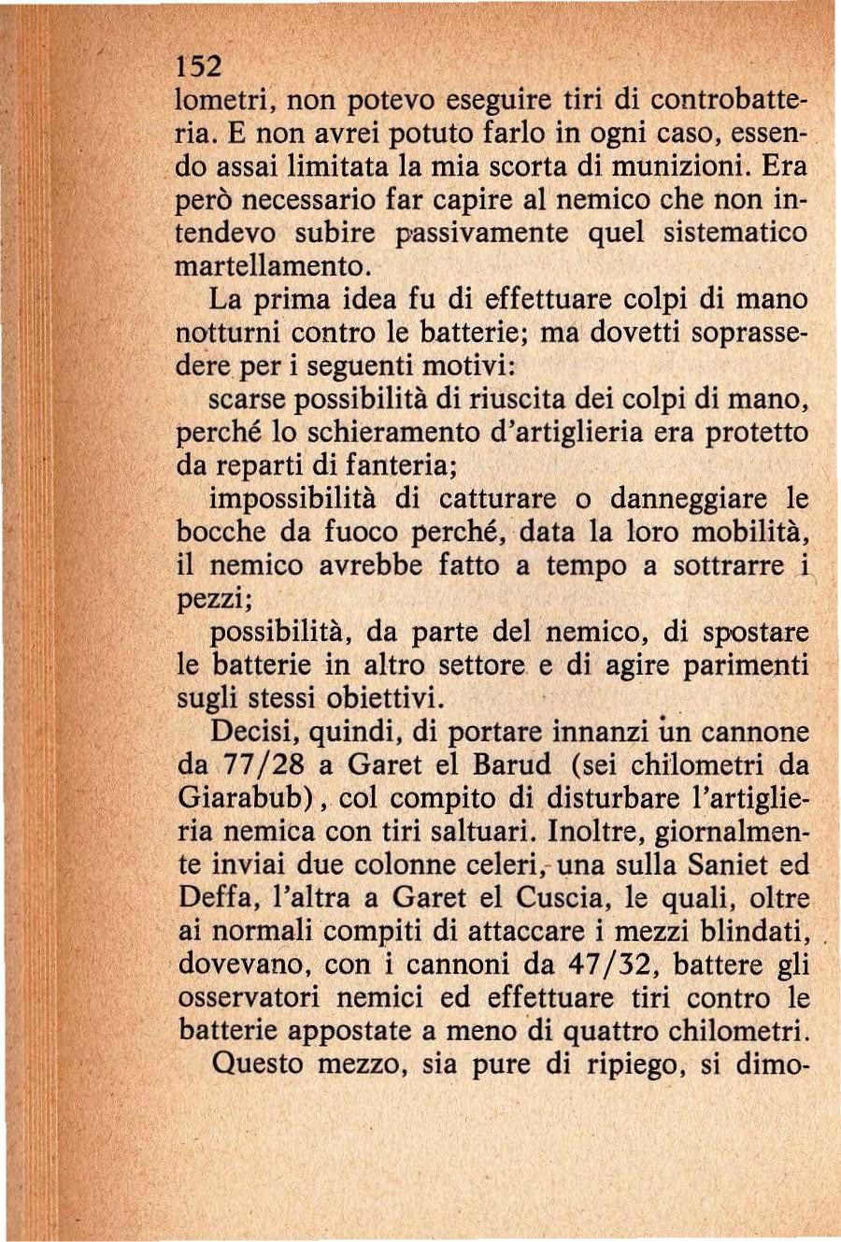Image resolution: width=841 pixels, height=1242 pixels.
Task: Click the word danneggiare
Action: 681,499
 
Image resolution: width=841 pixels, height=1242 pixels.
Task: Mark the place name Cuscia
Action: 552,898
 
